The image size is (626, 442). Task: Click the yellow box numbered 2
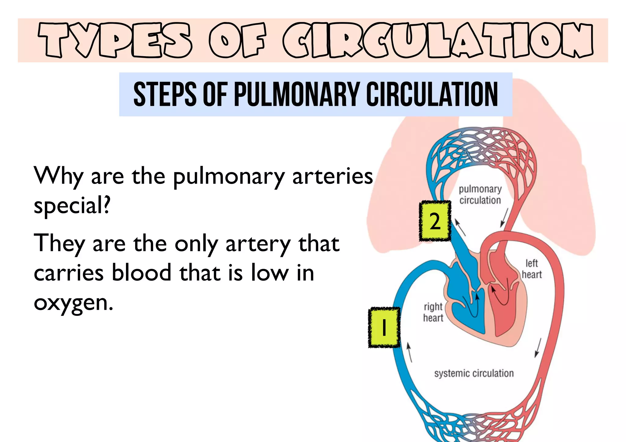(x=435, y=221)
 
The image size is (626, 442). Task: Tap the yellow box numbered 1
(x=384, y=327)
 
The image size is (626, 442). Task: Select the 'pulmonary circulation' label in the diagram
(x=480, y=195)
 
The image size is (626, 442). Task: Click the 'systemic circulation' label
(x=474, y=373)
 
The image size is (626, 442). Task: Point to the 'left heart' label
(x=532, y=269)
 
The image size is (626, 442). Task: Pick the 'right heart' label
(x=433, y=312)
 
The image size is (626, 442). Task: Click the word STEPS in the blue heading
(x=165, y=94)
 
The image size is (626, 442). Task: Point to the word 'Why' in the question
(x=58, y=176)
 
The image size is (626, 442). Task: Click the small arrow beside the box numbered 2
(x=460, y=227)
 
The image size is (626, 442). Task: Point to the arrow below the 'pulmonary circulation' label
(x=504, y=218)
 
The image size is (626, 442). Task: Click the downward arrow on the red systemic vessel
(x=538, y=348)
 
